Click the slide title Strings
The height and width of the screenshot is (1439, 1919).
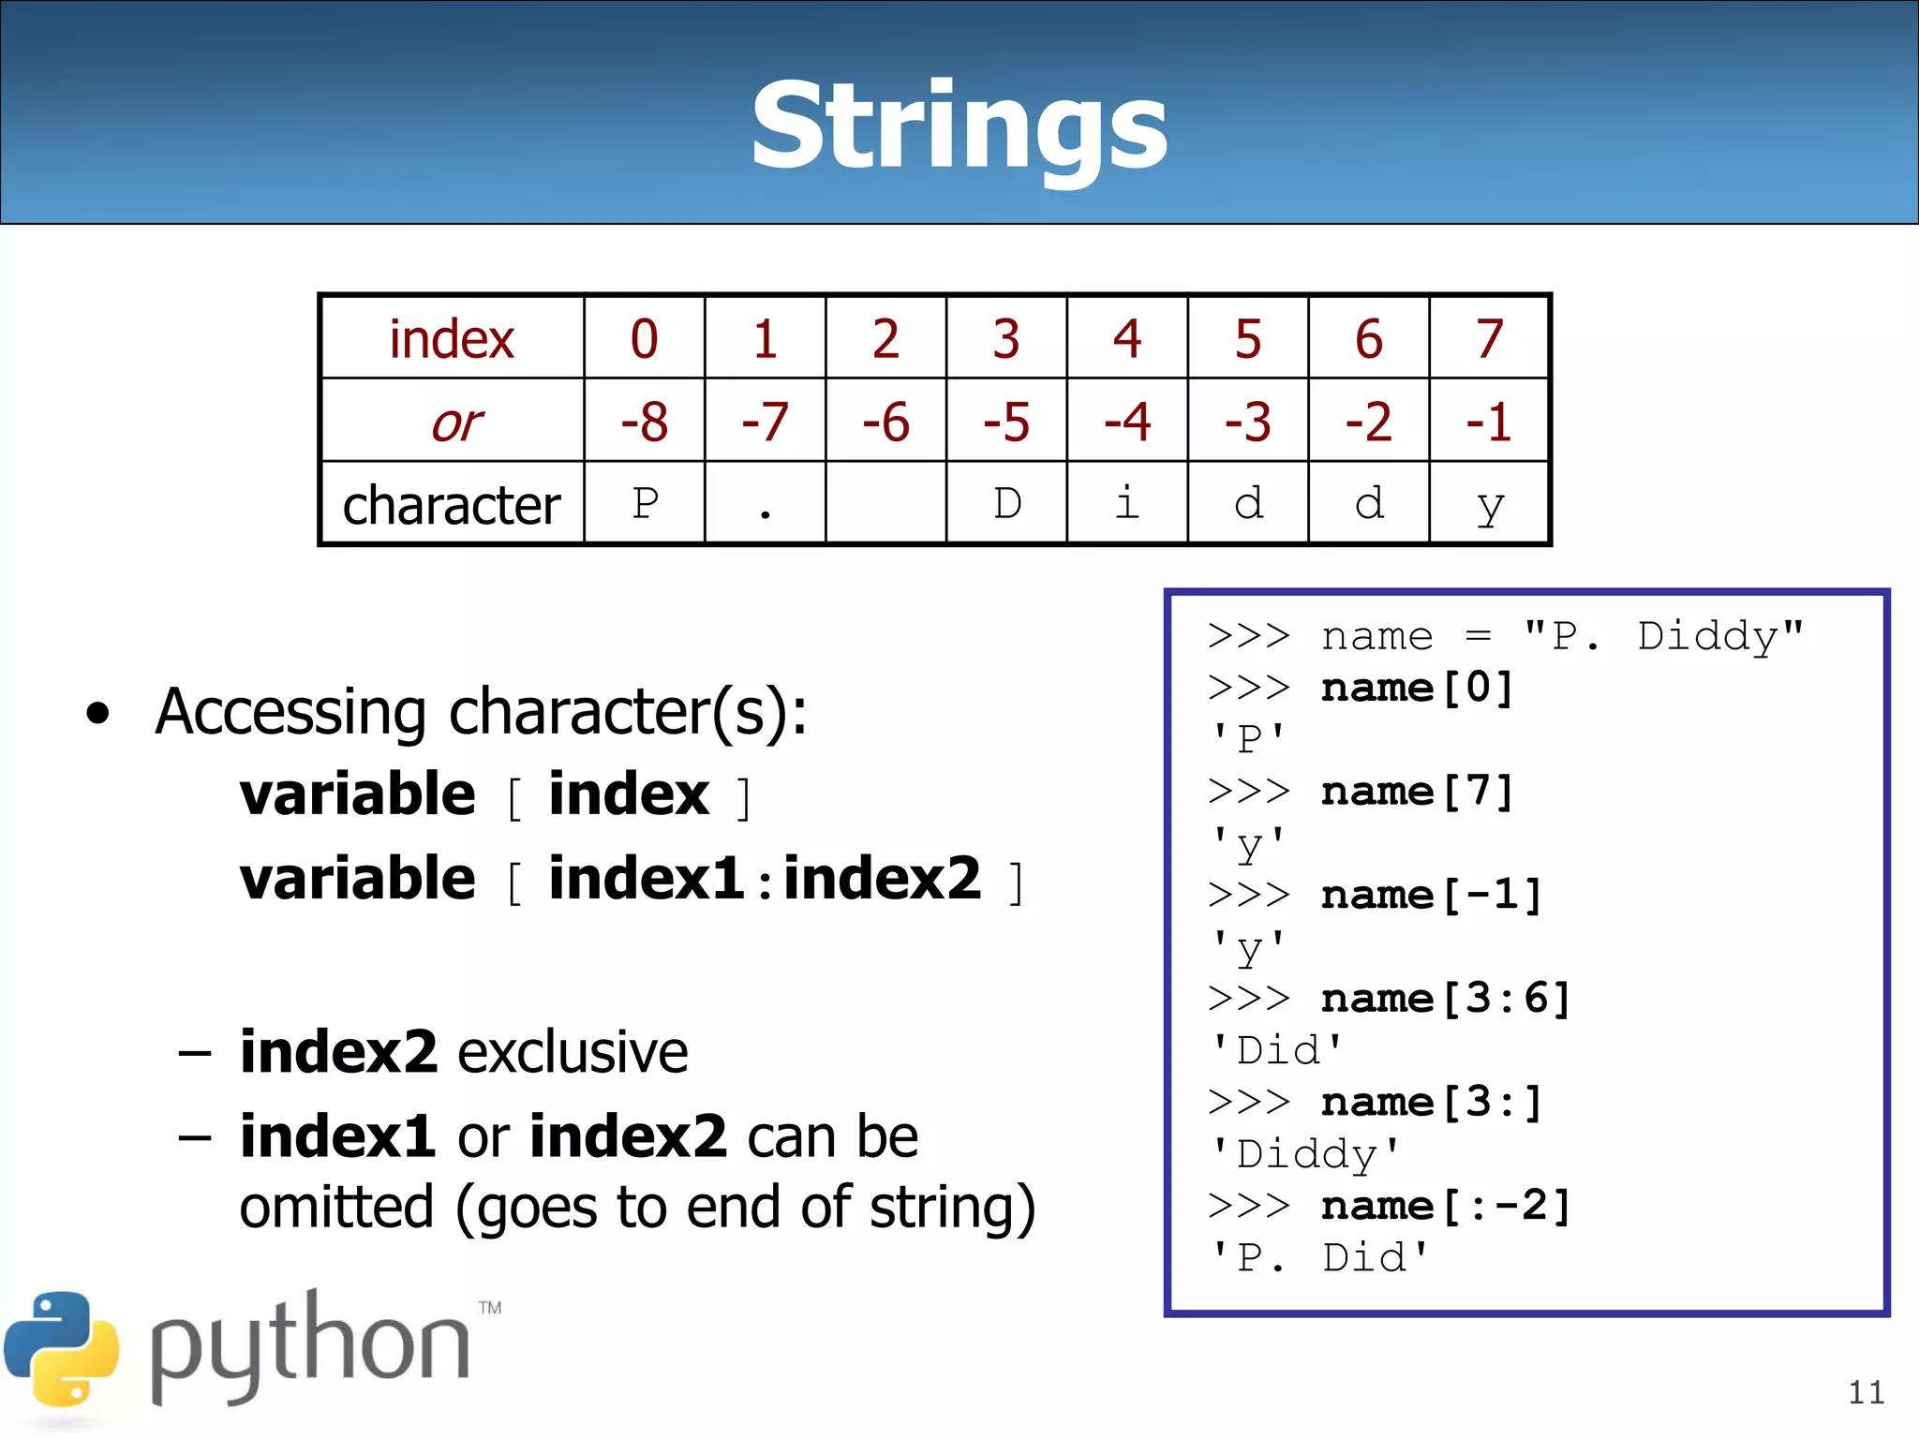pyautogui.click(x=959, y=126)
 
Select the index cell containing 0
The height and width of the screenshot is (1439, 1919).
pyautogui.click(x=644, y=338)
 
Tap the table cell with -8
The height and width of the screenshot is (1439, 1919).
pyautogui.click(x=644, y=422)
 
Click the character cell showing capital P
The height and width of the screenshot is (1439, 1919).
pyautogui.click(x=645, y=504)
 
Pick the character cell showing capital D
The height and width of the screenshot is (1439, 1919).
pyautogui.click(x=1006, y=504)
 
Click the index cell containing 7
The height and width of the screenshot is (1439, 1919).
pyautogui.click(x=1489, y=338)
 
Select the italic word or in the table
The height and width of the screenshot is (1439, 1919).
pyautogui.click(x=456, y=423)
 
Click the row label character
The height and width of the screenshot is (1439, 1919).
pyautogui.click(x=451, y=506)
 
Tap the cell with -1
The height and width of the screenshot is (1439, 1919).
pyautogui.click(x=1489, y=422)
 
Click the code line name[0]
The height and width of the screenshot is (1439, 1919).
pyautogui.click(x=1417, y=689)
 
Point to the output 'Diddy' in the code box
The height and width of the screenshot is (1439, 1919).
pyautogui.click(x=1305, y=1154)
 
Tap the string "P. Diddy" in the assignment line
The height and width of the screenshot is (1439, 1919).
pyautogui.click(x=1664, y=637)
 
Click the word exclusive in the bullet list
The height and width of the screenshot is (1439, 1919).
pyautogui.click(x=573, y=1052)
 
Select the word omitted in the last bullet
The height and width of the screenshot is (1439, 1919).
pyautogui.click(x=336, y=1208)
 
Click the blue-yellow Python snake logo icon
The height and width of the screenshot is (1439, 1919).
pyautogui.click(x=62, y=1349)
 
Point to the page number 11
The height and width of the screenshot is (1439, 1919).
pyautogui.click(x=1866, y=1393)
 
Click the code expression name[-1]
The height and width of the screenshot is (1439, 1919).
pyautogui.click(x=1431, y=896)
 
